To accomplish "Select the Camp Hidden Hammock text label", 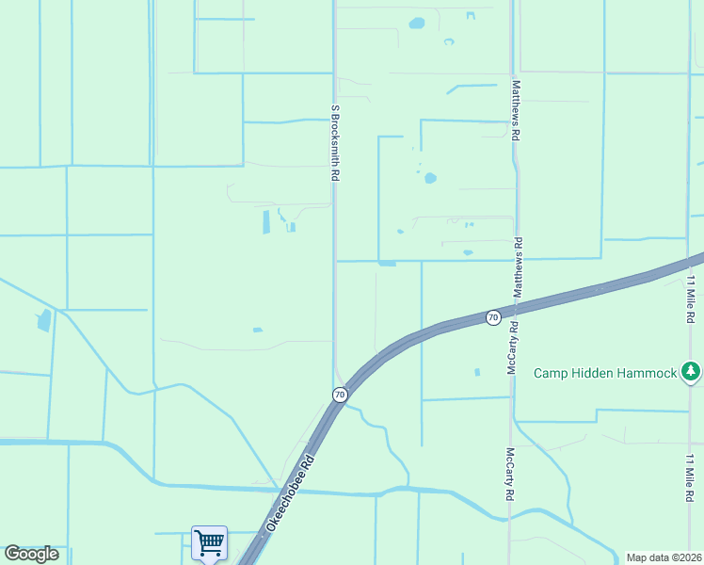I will pyautogui.click(x=605, y=373).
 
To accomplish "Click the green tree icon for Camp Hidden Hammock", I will pyautogui.click(x=692, y=372).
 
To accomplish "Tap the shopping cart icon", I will pyautogui.click(x=209, y=542).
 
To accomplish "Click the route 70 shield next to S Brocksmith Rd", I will pyautogui.click(x=340, y=394).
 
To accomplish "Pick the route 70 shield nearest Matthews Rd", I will pyautogui.click(x=492, y=317).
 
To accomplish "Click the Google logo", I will pyautogui.click(x=31, y=554).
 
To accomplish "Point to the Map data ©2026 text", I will pyautogui.click(x=664, y=557).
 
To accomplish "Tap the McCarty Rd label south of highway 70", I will pyautogui.click(x=509, y=473).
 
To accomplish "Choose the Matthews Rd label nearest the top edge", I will pyautogui.click(x=516, y=109).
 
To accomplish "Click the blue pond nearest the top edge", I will pyautogui.click(x=416, y=23).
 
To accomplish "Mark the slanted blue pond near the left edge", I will pyautogui.click(x=43, y=320).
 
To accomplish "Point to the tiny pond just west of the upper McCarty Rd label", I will pyautogui.click(x=477, y=372).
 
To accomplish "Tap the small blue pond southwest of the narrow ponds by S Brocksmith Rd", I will pyautogui.click(x=257, y=330).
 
